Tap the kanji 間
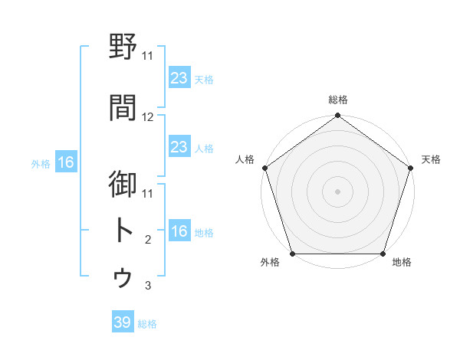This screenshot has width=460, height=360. pyautogui.click(x=123, y=107)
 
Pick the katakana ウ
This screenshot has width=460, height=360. pyautogui.click(x=123, y=277)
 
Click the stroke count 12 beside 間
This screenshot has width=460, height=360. pyautogui.click(x=148, y=117)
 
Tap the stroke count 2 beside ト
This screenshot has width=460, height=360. pyautogui.click(x=148, y=240)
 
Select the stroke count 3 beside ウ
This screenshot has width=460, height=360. pyautogui.click(x=148, y=286)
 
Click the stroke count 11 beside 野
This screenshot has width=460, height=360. pyautogui.click(x=148, y=55)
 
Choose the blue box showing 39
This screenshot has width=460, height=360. pyautogui.click(x=123, y=323)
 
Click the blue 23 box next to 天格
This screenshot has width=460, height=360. pyautogui.click(x=179, y=78)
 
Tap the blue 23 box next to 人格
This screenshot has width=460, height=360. pyautogui.click(x=179, y=147)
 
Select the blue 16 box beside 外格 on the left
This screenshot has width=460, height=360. pyautogui.click(x=66, y=162)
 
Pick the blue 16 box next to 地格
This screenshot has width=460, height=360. pyautogui.click(x=179, y=232)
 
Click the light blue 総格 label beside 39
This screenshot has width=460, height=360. pyautogui.click(x=147, y=324)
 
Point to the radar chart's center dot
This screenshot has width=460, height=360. pyautogui.click(x=337, y=191)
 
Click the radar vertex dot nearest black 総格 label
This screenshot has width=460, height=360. pyautogui.click(x=337, y=116)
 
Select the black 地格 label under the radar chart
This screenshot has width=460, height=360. pyautogui.click(x=402, y=263)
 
